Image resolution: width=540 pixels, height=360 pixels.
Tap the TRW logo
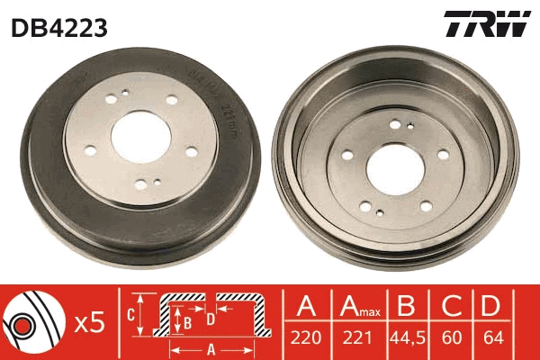[484, 25]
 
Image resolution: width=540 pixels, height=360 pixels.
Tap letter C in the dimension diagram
[130, 315]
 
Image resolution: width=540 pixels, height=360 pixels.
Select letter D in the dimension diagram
[209, 319]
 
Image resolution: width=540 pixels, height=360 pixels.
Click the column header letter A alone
[307, 307]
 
